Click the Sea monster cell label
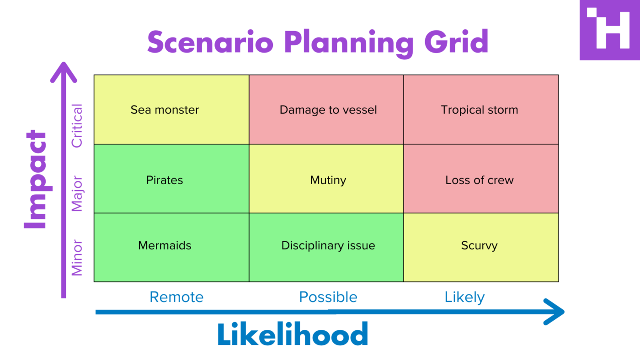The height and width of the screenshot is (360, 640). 165,110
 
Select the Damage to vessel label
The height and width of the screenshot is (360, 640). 328,110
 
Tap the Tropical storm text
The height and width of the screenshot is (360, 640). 479,110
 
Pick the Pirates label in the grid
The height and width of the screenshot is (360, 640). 165,180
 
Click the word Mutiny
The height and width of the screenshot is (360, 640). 328,180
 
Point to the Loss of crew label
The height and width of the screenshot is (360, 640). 479,180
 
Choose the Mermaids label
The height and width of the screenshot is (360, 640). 165,246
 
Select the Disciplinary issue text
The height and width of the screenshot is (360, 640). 328,246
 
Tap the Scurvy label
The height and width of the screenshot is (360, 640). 479,246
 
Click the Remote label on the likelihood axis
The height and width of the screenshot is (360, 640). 176,297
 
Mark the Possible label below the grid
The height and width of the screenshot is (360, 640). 328,297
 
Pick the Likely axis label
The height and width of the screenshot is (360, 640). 464,297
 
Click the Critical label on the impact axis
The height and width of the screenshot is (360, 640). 77,126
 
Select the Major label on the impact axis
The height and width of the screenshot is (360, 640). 77,194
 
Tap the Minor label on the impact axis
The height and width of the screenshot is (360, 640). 77,258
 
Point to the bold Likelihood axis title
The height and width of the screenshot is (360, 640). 293,334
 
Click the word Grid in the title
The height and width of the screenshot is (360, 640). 456,42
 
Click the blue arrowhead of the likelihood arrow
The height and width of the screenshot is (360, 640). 555,312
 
